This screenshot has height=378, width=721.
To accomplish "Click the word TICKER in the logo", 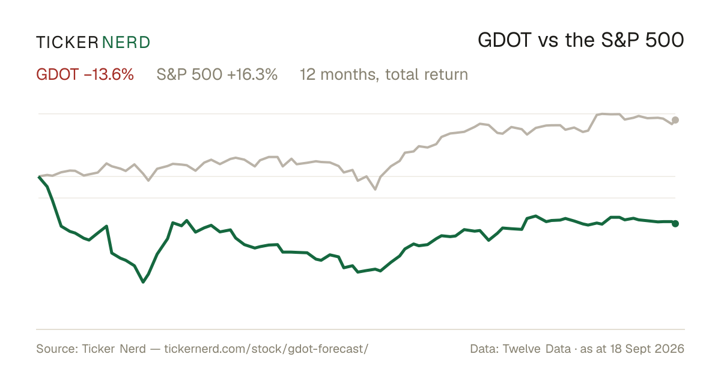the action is pos(67,43).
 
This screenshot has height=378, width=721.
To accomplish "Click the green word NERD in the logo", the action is pos(126,43).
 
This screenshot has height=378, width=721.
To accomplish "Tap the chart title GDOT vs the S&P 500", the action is pos(581,41).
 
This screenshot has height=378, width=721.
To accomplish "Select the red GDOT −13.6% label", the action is pos(85,74).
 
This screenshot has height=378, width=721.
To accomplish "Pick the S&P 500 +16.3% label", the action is pos(217,74).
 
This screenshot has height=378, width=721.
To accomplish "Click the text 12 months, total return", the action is pos(384,75).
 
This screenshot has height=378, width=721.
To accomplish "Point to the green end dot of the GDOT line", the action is pos(675,223).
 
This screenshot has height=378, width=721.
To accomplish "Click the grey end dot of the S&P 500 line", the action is pos(675,120).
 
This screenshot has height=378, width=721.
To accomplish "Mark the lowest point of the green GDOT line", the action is pos(143,282).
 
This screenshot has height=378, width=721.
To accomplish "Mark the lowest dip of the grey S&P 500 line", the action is pos(376,190).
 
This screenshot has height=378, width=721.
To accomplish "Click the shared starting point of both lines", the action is pos(38,176).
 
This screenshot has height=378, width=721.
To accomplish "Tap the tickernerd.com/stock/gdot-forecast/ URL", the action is pos(266,349).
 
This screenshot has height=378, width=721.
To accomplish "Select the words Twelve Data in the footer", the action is pos(537,349).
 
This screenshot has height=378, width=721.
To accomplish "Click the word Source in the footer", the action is pos(56,349).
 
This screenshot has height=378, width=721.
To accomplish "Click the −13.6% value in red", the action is pos(109,74).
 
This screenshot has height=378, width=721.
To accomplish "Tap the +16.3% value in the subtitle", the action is pos(252,74).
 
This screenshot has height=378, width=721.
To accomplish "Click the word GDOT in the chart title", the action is pos(504,41).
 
